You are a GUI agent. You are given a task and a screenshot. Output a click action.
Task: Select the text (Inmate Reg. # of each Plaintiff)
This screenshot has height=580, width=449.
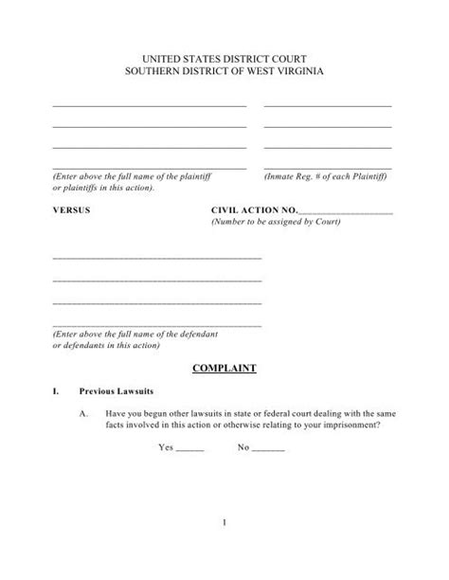tap(327, 177)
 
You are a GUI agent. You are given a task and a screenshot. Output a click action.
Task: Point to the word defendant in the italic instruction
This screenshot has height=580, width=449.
tap(202, 335)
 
